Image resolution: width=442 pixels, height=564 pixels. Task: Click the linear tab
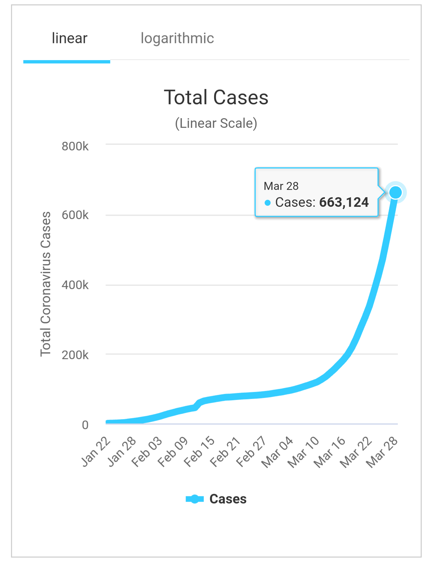(x=69, y=39)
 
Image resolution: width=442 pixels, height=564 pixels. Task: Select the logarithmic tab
(x=177, y=39)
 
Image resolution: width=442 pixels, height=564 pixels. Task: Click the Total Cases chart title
(x=216, y=98)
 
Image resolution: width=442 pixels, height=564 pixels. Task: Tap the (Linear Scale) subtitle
(x=216, y=123)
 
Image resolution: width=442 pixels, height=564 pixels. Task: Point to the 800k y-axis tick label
(x=75, y=146)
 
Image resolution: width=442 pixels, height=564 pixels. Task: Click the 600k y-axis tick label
(x=75, y=215)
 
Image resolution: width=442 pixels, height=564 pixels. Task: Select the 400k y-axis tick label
(x=75, y=285)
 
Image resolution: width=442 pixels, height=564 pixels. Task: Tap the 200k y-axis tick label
(x=75, y=355)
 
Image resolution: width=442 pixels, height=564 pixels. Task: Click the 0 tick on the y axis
(x=85, y=425)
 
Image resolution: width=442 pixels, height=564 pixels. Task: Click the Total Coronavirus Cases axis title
(x=45, y=284)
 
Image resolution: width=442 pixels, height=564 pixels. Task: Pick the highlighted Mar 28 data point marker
(x=396, y=193)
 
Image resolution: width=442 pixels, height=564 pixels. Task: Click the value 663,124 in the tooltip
(x=344, y=202)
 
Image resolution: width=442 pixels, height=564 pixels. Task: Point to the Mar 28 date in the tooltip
(x=281, y=186)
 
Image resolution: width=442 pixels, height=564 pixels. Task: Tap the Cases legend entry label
(x=228, y=499)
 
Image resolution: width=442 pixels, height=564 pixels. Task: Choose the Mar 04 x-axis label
(x=277, y=452)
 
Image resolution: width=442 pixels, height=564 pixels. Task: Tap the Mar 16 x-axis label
(x=330, y=452)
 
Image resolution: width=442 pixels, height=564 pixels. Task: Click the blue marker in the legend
(x=195, y=499)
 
